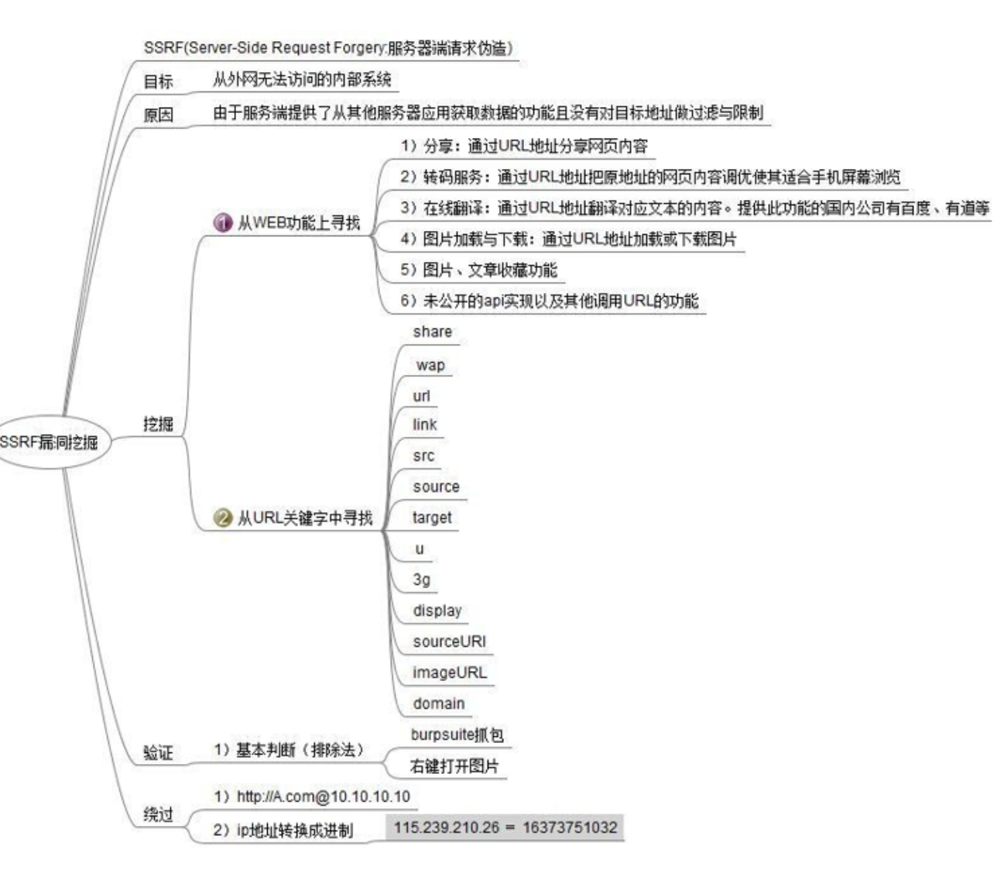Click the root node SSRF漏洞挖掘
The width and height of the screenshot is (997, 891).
click(50, 442)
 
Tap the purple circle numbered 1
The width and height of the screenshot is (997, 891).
click(223, 223)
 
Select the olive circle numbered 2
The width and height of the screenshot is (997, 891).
click(223, 518)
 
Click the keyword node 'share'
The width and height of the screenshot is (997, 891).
click(432, 332)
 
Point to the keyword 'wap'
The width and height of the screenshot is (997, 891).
click(430, 365)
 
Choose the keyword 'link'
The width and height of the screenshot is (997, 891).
click(424, 425)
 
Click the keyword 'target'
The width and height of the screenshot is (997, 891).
click(432, 518)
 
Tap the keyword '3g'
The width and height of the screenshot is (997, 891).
click(421, 580)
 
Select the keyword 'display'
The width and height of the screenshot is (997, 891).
click(437, 611)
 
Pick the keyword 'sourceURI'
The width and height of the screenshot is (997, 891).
click(449, 642)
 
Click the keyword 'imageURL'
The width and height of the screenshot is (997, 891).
click(450, 673)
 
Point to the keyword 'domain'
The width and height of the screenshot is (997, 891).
click(439, 704)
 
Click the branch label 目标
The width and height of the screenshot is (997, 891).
click(158, 81)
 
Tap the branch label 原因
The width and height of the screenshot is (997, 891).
click(158, 115)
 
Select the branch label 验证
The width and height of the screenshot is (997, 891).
click(158, 752)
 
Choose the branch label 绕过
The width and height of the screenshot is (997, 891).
click(158, 814)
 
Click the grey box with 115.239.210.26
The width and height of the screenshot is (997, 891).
click(505, 827)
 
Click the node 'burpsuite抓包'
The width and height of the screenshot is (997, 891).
click(457, 734)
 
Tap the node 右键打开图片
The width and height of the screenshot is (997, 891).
click(454, 766)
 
